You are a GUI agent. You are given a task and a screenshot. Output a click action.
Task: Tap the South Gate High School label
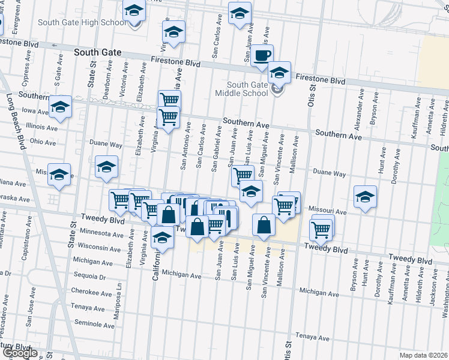click(82, 23)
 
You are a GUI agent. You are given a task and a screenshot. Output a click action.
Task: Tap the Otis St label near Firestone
click(312, 95)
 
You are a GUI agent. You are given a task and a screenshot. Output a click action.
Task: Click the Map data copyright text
click(423, 355)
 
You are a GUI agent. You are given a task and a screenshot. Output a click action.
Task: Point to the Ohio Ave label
click(43, 142)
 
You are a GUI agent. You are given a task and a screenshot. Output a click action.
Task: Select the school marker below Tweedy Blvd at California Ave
click(162, 238)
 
